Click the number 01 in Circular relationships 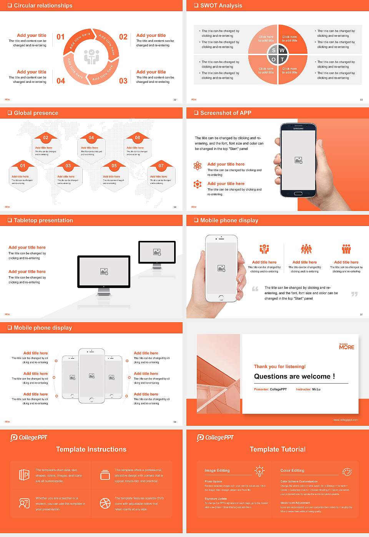(61, 37)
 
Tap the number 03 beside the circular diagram (123, 81)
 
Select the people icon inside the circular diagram (91, 57)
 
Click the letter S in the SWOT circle (274, 50)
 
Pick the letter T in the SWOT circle (283, 59)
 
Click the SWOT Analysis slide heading (221, 5)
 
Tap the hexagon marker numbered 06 (138, 138)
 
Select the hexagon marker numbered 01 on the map (23, 166)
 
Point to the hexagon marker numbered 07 (161, 166)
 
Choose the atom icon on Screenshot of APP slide (198, 166)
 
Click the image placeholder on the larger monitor (104, 272)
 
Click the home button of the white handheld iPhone (221, 298)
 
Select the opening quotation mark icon (255, 289)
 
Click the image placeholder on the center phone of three (91, 376)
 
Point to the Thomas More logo (346, 346)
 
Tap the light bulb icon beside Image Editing (259, 471)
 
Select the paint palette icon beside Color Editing (347, 471)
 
